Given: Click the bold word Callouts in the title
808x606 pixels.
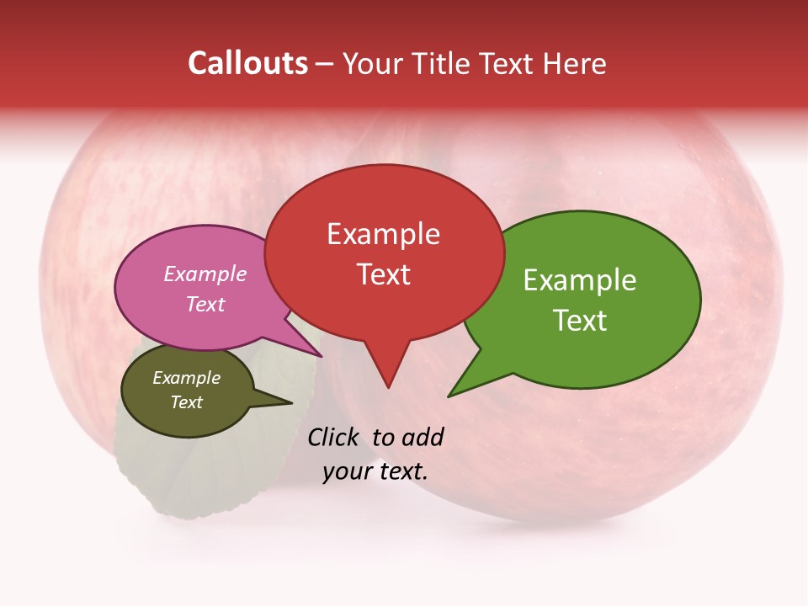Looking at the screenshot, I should (248, 63).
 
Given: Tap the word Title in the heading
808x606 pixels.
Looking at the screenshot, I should (443, 64).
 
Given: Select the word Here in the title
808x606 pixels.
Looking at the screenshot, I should (574, 64).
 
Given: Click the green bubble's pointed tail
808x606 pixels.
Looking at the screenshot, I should (452, 394).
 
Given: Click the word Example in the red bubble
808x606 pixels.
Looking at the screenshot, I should (383, 234).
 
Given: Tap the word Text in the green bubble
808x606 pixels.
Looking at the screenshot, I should (580, 321).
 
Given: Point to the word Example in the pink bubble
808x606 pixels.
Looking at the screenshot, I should (205, 274).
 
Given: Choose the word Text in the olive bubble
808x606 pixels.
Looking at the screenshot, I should (187, 402).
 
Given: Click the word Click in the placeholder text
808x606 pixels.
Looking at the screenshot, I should (333, 437).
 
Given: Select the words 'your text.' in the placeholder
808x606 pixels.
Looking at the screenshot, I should (375, 471).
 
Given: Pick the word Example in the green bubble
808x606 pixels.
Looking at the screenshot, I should (580, 280).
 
